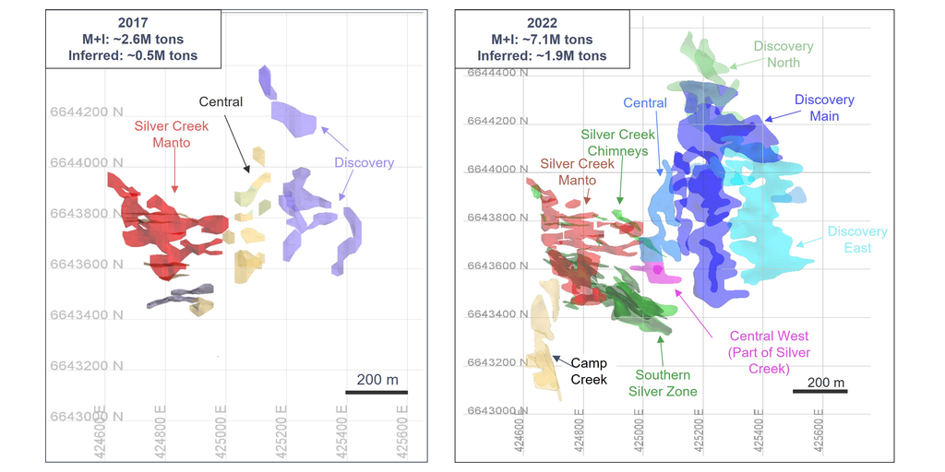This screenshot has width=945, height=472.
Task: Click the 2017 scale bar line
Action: [377, 392]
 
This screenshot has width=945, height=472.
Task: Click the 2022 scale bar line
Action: [824, 392]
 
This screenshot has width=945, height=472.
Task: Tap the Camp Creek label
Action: [589, 371]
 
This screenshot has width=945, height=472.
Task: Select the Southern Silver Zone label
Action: [662, 383]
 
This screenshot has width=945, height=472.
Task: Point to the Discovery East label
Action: [857, 240]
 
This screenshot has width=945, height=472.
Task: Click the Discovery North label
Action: [784, 54]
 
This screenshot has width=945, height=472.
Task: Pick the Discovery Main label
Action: [824, 107]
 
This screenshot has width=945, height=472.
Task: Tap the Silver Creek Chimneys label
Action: [617, 143]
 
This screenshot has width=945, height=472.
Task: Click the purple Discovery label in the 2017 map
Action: [364, 163]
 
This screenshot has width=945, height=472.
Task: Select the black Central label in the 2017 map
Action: [221, 101]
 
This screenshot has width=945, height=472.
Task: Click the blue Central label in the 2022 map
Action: [645, 103]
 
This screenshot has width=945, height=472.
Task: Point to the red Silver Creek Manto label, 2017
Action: [172, 134]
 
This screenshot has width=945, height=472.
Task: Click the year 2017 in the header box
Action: [133, 23]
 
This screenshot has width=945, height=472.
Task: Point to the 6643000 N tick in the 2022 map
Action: [497, 410]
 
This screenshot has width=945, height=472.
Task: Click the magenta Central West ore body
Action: [659, 272]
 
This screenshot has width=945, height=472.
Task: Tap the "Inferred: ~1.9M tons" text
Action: [541, 55]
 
